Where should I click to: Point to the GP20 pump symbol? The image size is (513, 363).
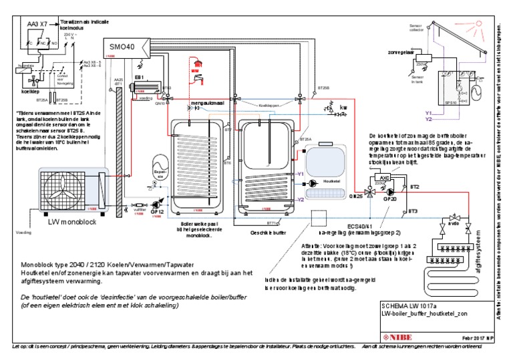pos(390,189)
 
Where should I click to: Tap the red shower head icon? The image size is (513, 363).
pos(196,70)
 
